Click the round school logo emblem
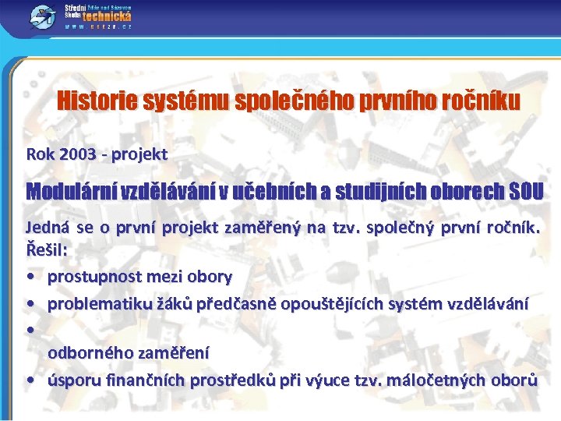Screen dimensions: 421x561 point(41,17)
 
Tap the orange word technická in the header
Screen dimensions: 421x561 point(108,16)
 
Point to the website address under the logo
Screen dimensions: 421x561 point(100,27)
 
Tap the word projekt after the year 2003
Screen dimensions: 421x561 point(139,154)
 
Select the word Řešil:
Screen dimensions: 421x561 point(48,251)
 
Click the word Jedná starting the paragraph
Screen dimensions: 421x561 point(47,229)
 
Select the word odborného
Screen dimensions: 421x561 point(90,353)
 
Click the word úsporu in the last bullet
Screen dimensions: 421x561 point(71,380)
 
